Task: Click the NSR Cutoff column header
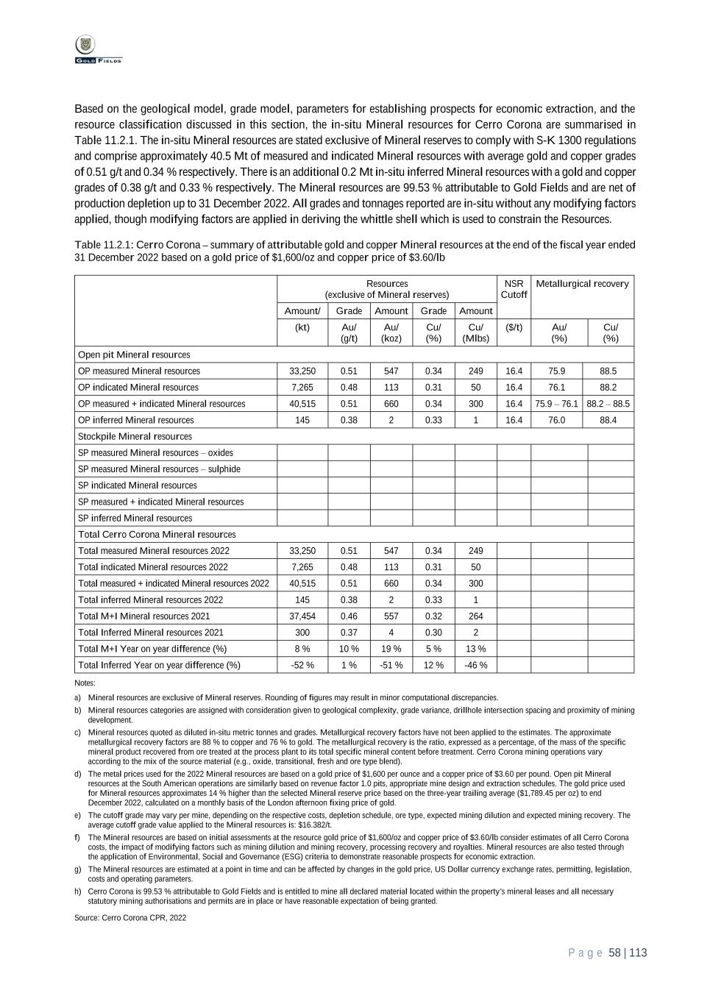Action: (514, 289)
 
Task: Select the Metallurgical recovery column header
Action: (582, 284)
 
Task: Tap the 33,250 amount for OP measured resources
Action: (302, 371)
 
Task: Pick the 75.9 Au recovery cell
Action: (556, 371)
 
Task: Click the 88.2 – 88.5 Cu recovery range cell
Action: (608, 404)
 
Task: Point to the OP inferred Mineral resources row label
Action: (136, 420)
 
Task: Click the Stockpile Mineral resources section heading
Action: (135, 436)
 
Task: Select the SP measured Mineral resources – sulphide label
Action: (159, 469)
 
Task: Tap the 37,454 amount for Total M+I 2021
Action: (302, 616)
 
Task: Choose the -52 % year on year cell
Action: (302, 665)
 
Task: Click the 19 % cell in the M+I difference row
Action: (391, 649)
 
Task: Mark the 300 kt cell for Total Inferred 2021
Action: (302, 633)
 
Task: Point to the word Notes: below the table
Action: (85, 683)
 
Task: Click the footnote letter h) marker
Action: (77, 891)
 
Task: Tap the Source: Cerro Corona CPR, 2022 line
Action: (130, 918)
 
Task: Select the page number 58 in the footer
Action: (615, 953)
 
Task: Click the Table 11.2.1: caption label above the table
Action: (103, 245)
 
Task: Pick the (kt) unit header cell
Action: (302, 327)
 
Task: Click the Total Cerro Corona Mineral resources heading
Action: (157, 535)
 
